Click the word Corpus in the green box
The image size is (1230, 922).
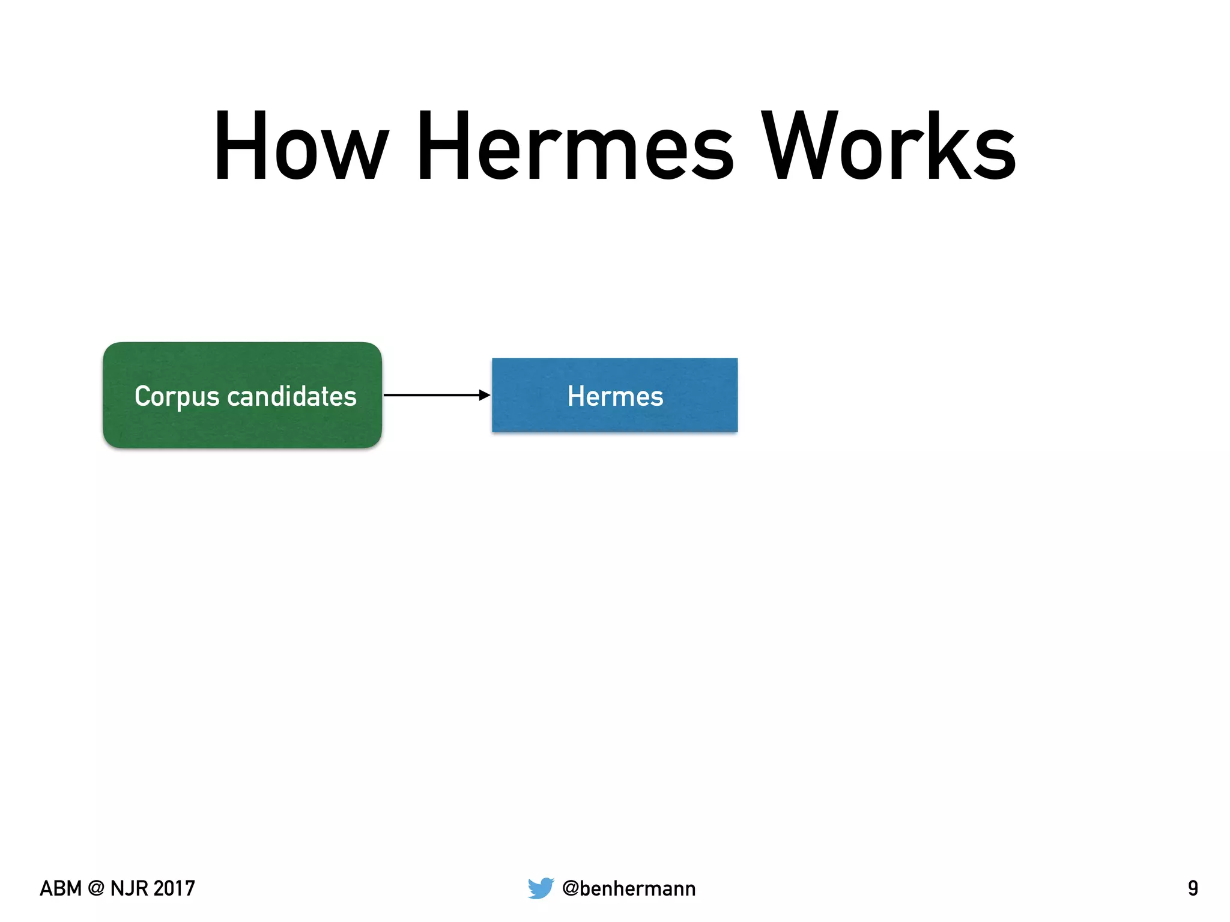(177, 397)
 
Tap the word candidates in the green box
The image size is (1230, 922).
(292, 396)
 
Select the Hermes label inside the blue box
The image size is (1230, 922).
(615, 396)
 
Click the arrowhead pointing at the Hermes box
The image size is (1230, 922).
(485, 395)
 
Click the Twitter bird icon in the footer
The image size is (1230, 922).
(541, 888)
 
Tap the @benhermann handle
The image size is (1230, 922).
(629, 888)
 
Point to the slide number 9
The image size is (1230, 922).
(1193, 888)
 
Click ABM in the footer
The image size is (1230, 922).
(60, 888)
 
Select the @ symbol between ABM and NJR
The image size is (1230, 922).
(95, 888)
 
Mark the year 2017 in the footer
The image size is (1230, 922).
(174, 888)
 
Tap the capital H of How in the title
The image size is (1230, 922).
(238, 147)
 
